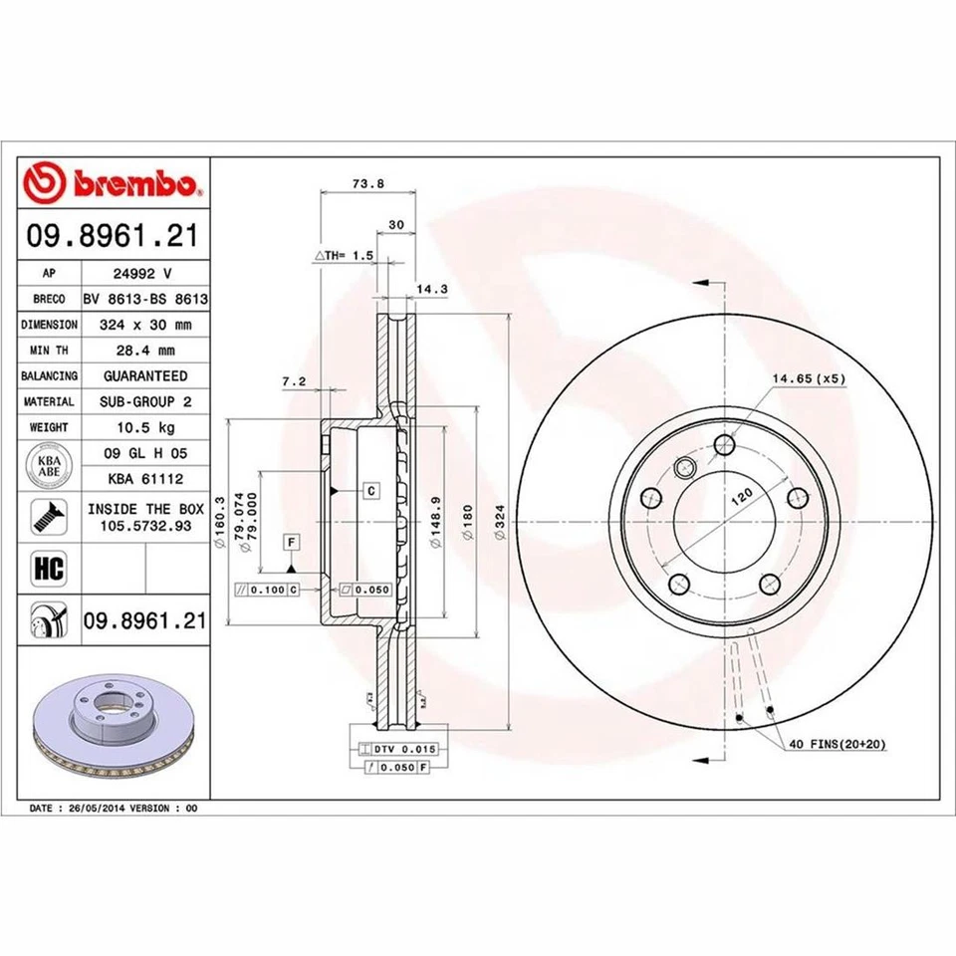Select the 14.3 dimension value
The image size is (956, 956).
428,290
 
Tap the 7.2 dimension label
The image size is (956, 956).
293,381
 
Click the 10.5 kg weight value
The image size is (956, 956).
144,427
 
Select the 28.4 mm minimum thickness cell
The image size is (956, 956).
144,350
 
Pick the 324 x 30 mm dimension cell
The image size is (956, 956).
144,324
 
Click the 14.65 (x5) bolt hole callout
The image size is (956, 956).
808,378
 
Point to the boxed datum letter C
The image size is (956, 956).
369,490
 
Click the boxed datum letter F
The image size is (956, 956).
291,542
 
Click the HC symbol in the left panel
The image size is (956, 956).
49,569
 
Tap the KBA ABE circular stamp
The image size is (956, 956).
49,466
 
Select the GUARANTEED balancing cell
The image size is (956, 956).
144,375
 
